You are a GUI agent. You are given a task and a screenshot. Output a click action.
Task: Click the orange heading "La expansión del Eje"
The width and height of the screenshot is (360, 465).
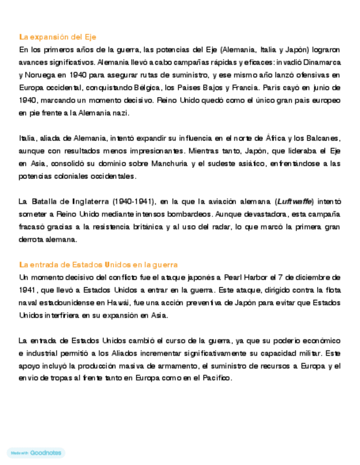point(58,37)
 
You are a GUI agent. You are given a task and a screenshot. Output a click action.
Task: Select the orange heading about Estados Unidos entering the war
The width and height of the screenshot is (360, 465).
point(98,264)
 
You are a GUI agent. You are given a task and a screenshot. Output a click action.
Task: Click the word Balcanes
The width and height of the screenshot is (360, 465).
point(321,138)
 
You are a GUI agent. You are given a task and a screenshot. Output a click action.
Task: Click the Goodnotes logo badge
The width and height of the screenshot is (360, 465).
point(36,453)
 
